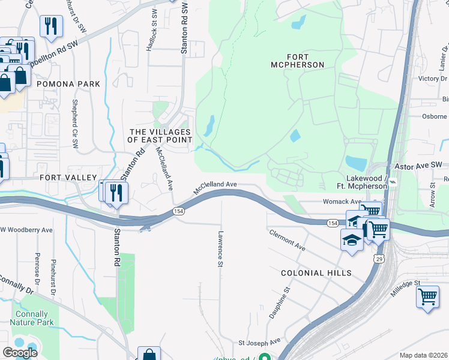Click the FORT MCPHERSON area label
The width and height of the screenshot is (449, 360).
(297, 61)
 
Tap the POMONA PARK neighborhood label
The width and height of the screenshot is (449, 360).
(68, 84)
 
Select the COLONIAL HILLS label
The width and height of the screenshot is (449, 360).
(316, 273)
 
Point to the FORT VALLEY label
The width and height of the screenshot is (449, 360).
(68, 178)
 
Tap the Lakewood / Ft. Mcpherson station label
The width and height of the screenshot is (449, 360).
(358, 182)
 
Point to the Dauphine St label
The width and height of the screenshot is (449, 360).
(280, 302)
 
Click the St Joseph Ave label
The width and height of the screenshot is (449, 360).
(259, 342)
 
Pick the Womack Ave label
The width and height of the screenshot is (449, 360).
(342, 202)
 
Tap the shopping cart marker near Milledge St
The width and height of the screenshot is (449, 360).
(427, 296)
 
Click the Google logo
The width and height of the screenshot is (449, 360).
(20, 353)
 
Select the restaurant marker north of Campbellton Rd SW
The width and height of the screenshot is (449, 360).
(50, 25)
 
